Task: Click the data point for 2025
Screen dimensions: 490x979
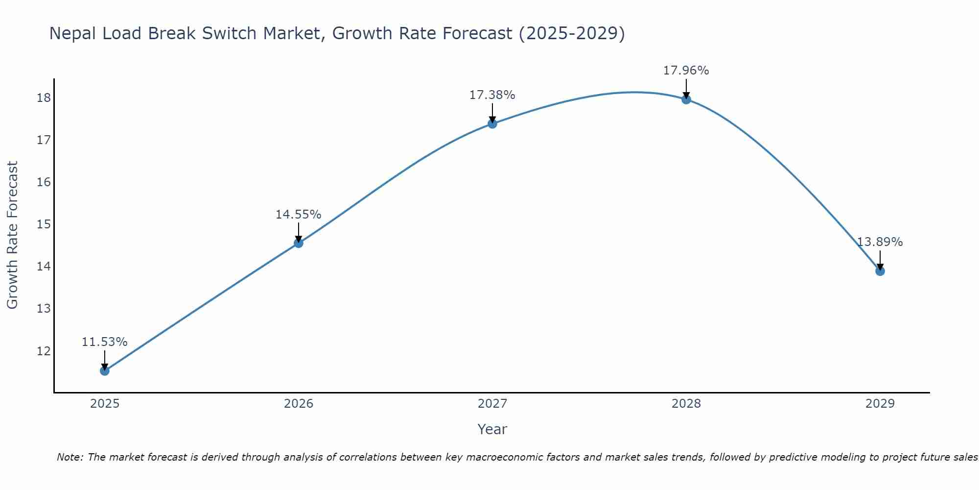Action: click(105, 371)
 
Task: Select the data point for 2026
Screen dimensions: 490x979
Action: click(299, 243)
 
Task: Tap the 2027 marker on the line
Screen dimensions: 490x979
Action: click(492, 124)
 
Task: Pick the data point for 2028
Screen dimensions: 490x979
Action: click(686, 99)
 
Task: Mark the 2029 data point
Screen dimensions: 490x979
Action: click(880, 271)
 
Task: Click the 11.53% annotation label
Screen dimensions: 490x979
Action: click(104, 342)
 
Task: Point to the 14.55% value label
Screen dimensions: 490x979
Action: click(298, 215)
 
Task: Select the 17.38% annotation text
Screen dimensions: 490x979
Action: click(492, 95)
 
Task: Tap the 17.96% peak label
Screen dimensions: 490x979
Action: click(686, 71)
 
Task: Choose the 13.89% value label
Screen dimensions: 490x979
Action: click(880, 242)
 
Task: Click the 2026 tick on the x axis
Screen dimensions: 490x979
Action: click(299, 404)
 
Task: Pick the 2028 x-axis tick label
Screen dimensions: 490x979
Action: click(686, 404)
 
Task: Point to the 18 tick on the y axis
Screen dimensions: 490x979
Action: click(44, 98)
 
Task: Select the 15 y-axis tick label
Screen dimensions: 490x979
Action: click(44, 224)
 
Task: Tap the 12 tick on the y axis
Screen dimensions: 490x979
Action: click(44, 351)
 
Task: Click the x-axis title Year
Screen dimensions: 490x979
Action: click(492, 429)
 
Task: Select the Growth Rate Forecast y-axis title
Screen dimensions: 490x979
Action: click(12, 235)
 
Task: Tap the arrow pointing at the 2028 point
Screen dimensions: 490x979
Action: click(686, 89)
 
